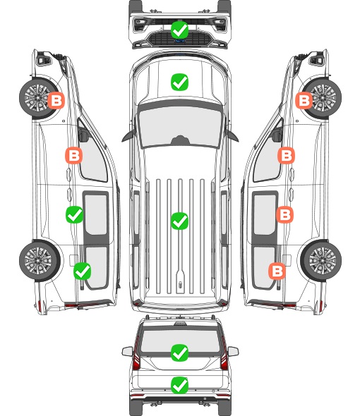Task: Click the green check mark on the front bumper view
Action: coord(179,30)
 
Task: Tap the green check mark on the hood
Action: coord(179,82)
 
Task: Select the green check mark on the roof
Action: coord(179,221)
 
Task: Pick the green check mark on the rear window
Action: coord(179,353)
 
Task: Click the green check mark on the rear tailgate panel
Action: coord(179,385)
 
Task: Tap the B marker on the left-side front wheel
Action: coord(56,101)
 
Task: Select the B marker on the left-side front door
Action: coord(74,155)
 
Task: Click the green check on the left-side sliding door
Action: coord(74,214)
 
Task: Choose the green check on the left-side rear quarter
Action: coord(83,271)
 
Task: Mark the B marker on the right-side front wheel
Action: coord(304,100)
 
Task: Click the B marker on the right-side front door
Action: coord(286,155)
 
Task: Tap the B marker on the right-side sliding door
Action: coord(284,214)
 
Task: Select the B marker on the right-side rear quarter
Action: coord(277,271)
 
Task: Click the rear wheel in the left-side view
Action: coord(40,260)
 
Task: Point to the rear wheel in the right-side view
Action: coord(321,260)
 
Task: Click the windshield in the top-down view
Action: coord(180,126)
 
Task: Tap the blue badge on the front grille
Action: coord(180,41)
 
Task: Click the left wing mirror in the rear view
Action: coord(127,352)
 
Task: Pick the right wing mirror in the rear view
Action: coord(233,352)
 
